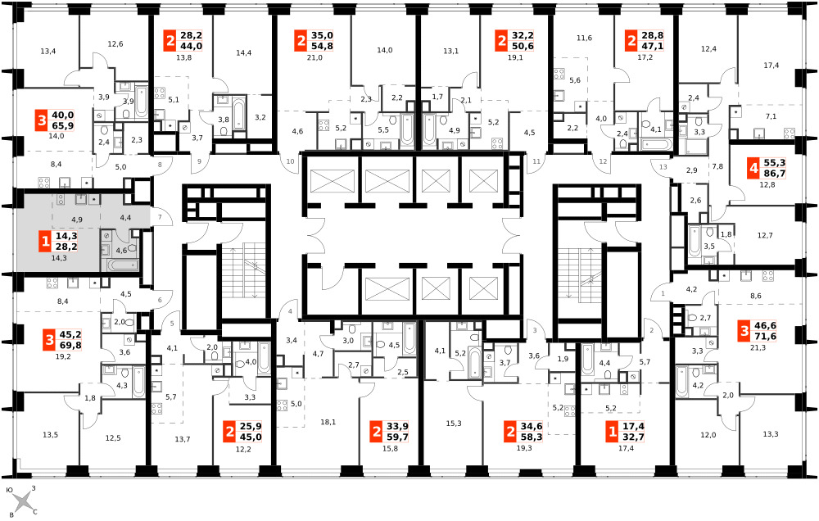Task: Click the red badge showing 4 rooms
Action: (753, 168)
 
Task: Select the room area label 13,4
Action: (48, 52)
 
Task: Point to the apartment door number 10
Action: (291, 161)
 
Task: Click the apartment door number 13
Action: (663, 167)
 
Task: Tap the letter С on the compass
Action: (35, 512)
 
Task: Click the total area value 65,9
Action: (63, 126)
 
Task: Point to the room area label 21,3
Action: (758, 347)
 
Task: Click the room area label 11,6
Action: (585, 38)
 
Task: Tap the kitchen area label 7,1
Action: (771, 116)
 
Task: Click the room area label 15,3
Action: (454, 424)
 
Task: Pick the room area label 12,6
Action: (115, 44)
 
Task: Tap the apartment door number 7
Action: (160, 217)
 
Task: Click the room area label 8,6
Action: (756, 296)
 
